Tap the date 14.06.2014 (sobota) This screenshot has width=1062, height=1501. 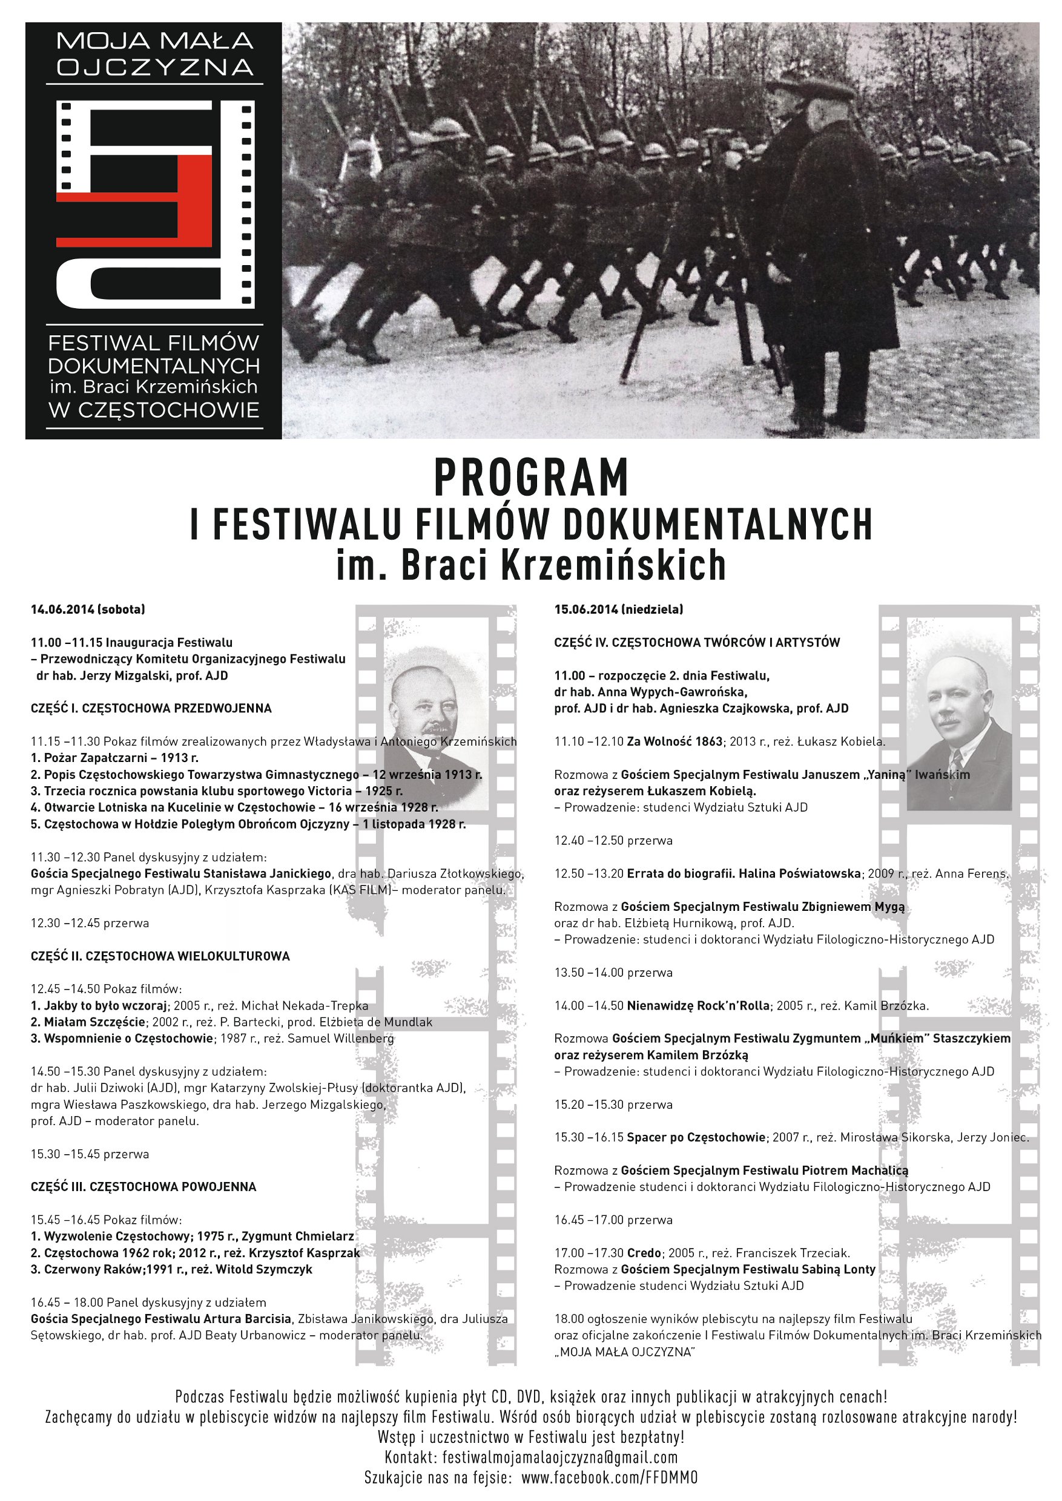[x=88, y=609]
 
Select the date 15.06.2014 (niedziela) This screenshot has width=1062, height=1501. [x=619, y=609]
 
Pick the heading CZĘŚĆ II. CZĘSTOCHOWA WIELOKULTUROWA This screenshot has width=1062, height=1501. [x=160, y=956]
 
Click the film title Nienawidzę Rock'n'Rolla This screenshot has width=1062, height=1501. [x=698, y=1005]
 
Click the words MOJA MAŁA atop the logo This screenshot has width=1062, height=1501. [x=154, y=41]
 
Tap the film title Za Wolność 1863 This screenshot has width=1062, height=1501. [x=674, y=741]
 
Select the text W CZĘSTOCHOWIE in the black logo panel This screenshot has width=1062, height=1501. [x=154, y=410]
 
